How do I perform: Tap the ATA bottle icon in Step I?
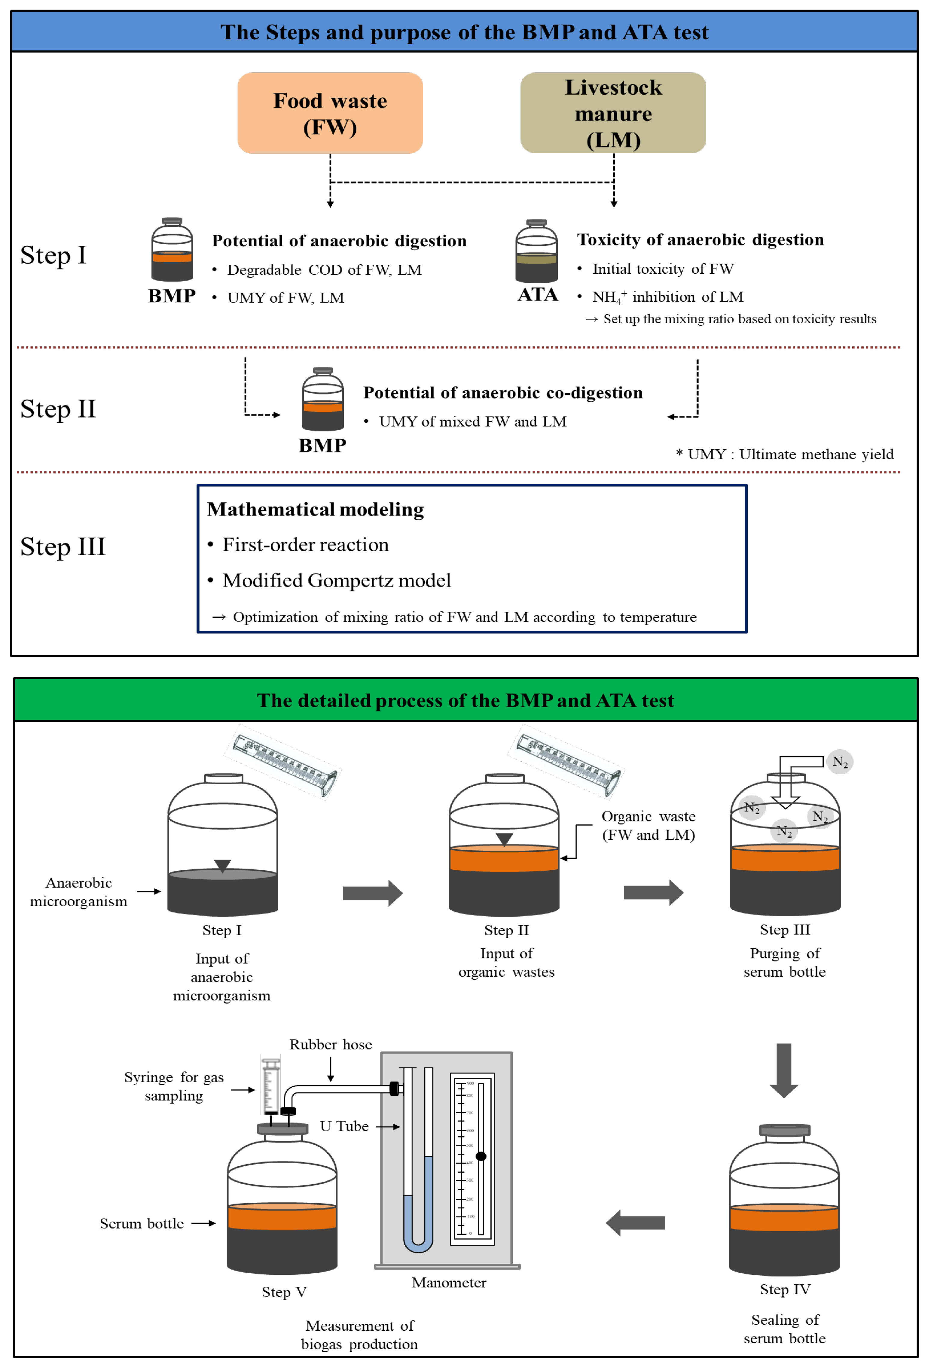click(536, 252)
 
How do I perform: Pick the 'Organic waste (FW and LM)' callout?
click(648, 825)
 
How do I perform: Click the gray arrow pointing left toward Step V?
click(636, 1223)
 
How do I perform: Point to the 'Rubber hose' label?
click(330, 1045)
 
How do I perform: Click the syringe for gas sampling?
click(271, 1085)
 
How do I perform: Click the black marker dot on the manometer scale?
click(481, 1156)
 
